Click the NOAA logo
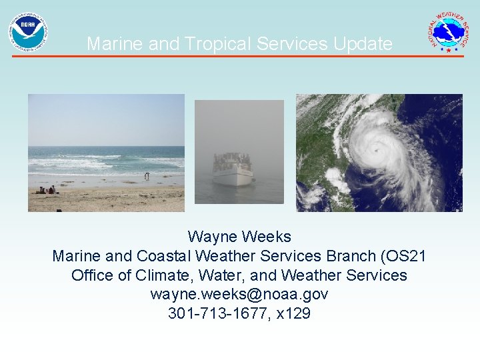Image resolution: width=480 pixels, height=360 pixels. [27, 32]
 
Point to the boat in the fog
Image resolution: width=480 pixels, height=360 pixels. [232, 169]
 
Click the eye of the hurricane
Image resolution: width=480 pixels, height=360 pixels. [378, 151]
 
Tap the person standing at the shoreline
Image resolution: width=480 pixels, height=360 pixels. [147, 176]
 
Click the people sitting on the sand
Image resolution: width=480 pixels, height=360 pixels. [47, 190]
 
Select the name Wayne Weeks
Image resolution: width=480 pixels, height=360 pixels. [239, 237]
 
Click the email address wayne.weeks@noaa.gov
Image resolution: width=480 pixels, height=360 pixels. [239, 294]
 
